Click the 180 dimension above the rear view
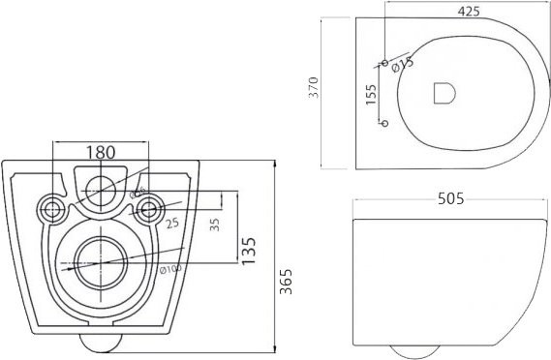click(101, 152)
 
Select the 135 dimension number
click(249, 248)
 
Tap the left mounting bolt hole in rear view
click(49, 208)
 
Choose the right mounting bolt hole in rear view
click(148, 207)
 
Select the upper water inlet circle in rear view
click(99, 189)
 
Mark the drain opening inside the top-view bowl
click(444, 93)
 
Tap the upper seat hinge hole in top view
click(384, 64)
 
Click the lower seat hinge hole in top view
click(384, 123)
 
